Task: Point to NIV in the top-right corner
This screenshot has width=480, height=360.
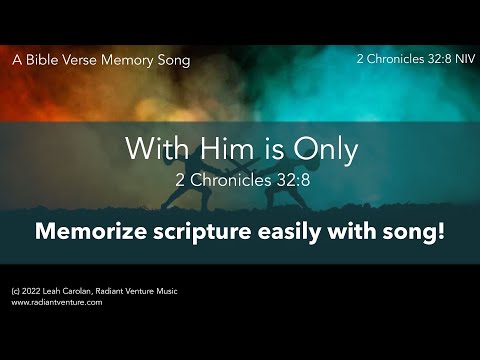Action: tap(454, 60)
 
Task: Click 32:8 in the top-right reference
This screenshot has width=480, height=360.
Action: tap(426, 60)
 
